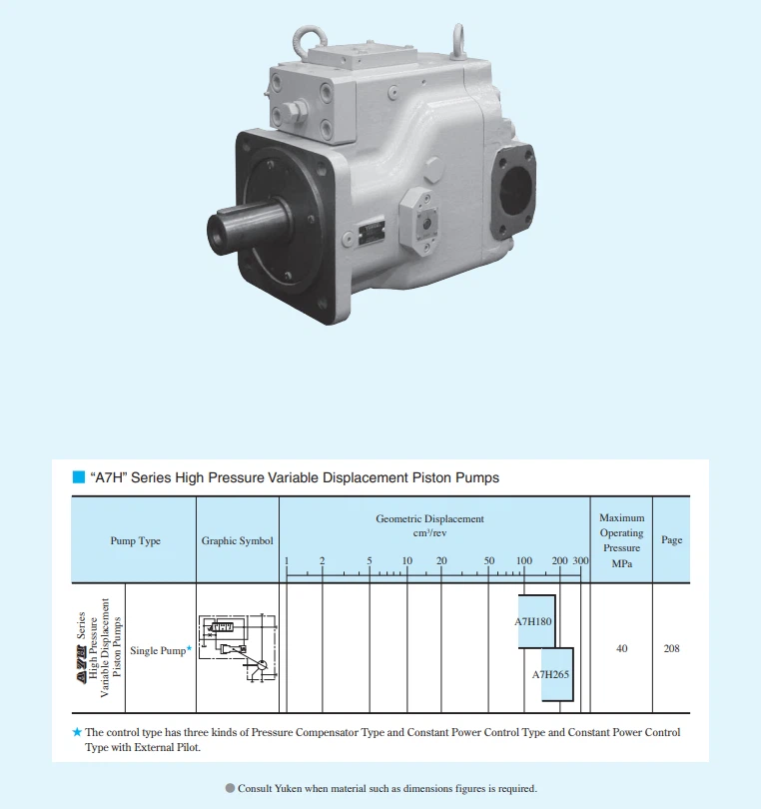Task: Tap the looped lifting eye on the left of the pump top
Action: [x=310, y=41]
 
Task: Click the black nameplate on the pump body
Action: [x=372, y=232]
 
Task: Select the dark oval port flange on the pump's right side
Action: [x=513, y=191]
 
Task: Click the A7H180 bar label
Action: [x=533, y=621]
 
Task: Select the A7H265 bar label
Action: [x=550, y=674]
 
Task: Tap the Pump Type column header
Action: [x=135, y=540]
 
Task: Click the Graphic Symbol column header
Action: [x=238, y=540]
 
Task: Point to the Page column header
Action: [x=672, y=539]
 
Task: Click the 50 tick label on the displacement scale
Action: [x=489, y=560]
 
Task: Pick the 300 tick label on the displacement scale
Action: [x=580, y=560]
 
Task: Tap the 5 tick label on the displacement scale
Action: [x=370, y=560]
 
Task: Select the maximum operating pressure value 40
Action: [x=622, y=648]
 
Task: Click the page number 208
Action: [x=671, y=648]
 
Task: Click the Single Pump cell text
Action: [x=158, y=650]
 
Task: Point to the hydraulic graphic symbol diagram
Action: [x=238, y=648]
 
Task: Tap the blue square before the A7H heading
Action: [x=79, y=477]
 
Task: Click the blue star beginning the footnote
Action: [x=77, y=732]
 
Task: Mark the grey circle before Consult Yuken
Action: [x=230, y=788]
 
